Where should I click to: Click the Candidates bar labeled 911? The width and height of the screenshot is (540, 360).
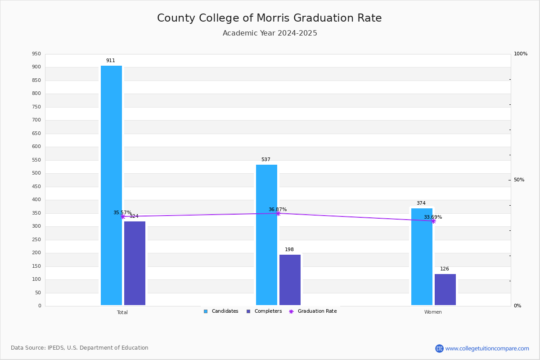(112, 185)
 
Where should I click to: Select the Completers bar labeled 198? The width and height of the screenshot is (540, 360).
(290, 280)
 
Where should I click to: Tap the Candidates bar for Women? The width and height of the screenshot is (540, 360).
(422, 256)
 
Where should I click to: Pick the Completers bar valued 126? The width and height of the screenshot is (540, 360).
(445, 289)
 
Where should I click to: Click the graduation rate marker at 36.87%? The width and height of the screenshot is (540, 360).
(278, 213)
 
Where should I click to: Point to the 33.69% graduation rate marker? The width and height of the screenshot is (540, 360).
(433, 221)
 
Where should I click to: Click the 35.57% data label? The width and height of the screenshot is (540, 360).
(122, 212)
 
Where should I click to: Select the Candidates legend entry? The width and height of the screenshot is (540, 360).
(221, 311)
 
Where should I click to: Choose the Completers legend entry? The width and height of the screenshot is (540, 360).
(264, 311)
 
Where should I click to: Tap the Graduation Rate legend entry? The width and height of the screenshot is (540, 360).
(313, 311)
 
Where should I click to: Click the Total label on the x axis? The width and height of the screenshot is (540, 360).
(122, 312)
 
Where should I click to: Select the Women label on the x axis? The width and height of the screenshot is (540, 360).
(433, 312)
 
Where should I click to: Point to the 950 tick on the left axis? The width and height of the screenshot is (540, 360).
(36, 54)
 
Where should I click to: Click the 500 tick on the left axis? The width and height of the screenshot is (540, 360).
(36, 173)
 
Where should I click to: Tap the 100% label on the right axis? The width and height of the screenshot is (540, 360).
(521, 54)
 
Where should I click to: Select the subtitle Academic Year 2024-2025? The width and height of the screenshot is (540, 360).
(270, 33)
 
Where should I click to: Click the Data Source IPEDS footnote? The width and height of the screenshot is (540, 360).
(80, 348)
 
